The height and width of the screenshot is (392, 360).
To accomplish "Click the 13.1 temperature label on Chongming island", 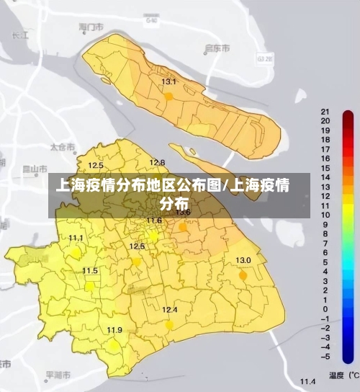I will [168, 82].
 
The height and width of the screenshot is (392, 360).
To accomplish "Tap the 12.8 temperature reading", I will [157, 163].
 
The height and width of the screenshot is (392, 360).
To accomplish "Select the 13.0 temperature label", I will [243, 260].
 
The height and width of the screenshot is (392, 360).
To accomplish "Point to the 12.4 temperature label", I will [169, 310].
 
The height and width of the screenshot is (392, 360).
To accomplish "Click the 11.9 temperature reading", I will [114, 330].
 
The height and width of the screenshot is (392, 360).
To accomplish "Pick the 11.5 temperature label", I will [90, 271].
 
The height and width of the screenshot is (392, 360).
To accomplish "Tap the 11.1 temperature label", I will [76, 238].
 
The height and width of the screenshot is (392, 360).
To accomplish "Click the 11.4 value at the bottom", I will [308, 380].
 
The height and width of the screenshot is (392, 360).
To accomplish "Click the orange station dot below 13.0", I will [243, 275].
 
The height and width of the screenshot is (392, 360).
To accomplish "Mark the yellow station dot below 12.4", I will [169, 324].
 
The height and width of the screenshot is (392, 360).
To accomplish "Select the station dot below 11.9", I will [114, 344].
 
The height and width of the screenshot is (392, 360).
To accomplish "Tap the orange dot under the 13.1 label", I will [168, 95].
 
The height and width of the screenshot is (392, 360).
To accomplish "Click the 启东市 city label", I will [217, 48].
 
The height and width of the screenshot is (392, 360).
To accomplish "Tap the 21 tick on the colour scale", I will [325, 112].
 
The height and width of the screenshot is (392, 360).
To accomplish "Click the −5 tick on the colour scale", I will [325, 356].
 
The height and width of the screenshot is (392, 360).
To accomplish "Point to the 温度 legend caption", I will [337, 375].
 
